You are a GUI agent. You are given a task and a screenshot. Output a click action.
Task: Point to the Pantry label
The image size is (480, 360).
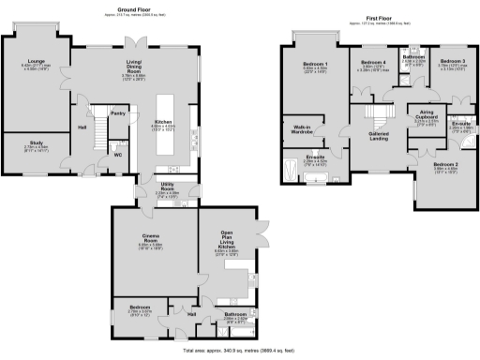[x=118, y=112]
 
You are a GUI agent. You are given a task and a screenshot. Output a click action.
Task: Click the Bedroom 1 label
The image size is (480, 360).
[x=313, y=64]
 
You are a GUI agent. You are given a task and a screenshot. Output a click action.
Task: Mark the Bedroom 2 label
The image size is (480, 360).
[x=446, y=165]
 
